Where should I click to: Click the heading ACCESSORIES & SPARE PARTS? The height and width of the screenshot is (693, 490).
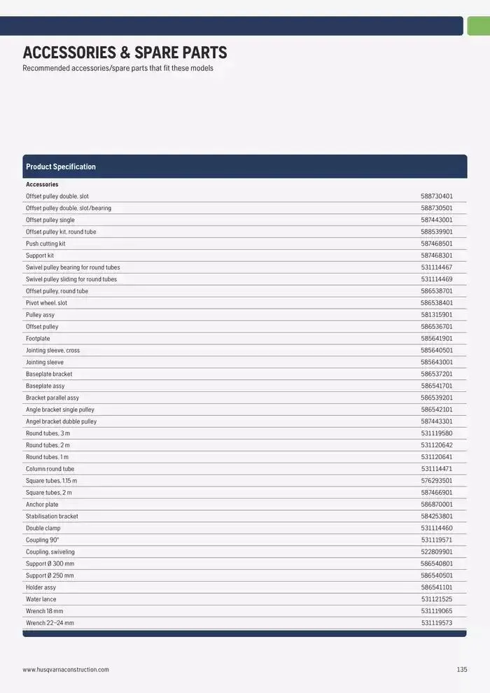pos(125,52)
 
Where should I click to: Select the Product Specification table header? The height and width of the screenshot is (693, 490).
pos(61,167)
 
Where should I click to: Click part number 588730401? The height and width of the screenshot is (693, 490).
pos(436,197)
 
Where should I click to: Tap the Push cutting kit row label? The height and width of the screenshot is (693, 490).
pos(45,244)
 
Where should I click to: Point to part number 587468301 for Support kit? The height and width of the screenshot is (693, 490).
pos(436,255)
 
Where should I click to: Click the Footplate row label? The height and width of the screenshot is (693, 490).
pos(38,339)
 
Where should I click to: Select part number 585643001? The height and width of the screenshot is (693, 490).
pos(436,363)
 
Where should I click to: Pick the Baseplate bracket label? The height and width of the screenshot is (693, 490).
pos(49,374)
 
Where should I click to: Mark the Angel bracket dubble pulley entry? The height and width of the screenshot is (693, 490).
pos(62,421)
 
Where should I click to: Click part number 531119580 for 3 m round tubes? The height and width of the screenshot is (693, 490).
pos(436,433)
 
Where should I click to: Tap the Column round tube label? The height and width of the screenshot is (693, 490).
pos(50,469)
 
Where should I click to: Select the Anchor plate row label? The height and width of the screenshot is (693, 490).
pos(42,505)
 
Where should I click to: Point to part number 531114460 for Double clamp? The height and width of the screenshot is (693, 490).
pos(436,528)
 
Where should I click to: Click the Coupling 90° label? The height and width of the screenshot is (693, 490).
pos(43,540)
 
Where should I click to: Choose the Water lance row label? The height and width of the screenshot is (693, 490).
pos(41,599)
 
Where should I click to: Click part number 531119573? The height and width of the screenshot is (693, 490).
pos(436,623)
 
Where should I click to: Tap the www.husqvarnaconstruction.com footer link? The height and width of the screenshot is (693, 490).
pos(66,670)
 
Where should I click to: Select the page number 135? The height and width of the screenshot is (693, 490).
pos(461,670)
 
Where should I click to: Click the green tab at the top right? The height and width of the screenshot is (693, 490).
pos(478,26)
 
